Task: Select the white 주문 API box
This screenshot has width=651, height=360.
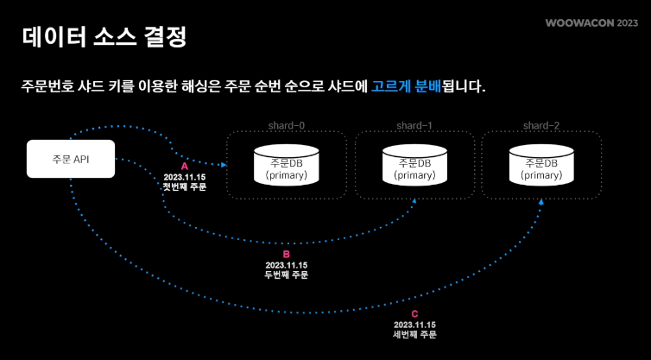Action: click(x=71, y=159)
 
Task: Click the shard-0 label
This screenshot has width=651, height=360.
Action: click(x=286, y=126)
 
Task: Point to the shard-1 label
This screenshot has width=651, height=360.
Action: click(x=414, y=126)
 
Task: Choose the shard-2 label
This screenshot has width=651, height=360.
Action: click(x=541, y=126)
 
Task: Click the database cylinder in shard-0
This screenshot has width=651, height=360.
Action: click(x=286, y=164)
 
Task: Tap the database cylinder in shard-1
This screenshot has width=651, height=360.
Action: click(x=414, y=164)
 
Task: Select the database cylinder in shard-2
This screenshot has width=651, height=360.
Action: click(x=541, y=164)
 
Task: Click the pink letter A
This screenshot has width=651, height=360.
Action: click(x=184, y=165)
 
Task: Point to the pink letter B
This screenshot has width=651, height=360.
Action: click(x=287, y=255)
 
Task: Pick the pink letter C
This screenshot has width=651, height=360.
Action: click(x=414, y=314)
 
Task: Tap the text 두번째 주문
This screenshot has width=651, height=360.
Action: click(x=287, y=275)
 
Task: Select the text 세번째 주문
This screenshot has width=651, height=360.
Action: click(x=414, y=334)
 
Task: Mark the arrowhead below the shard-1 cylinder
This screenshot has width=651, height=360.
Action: click(x=416, y=201)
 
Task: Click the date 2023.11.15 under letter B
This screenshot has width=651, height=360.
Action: click(x=287, y=265)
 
